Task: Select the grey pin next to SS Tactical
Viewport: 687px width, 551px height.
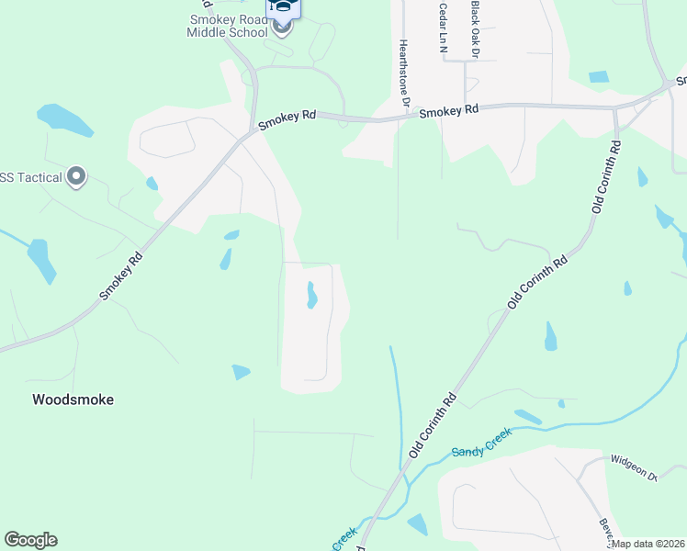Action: [x=76, y=176]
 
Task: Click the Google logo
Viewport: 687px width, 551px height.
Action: [x=30, y=540]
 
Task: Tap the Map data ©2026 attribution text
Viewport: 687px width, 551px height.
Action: [x=647, y=543]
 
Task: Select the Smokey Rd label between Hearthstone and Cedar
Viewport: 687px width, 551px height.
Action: [x=449, y=110]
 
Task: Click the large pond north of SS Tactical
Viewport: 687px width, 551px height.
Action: [x=64, y=119]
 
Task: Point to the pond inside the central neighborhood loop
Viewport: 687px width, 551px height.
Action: [x=311, y=295]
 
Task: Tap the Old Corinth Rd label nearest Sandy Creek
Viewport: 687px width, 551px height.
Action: [x=434, y=426]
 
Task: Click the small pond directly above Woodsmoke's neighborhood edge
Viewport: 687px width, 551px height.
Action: [x=241, y=372]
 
